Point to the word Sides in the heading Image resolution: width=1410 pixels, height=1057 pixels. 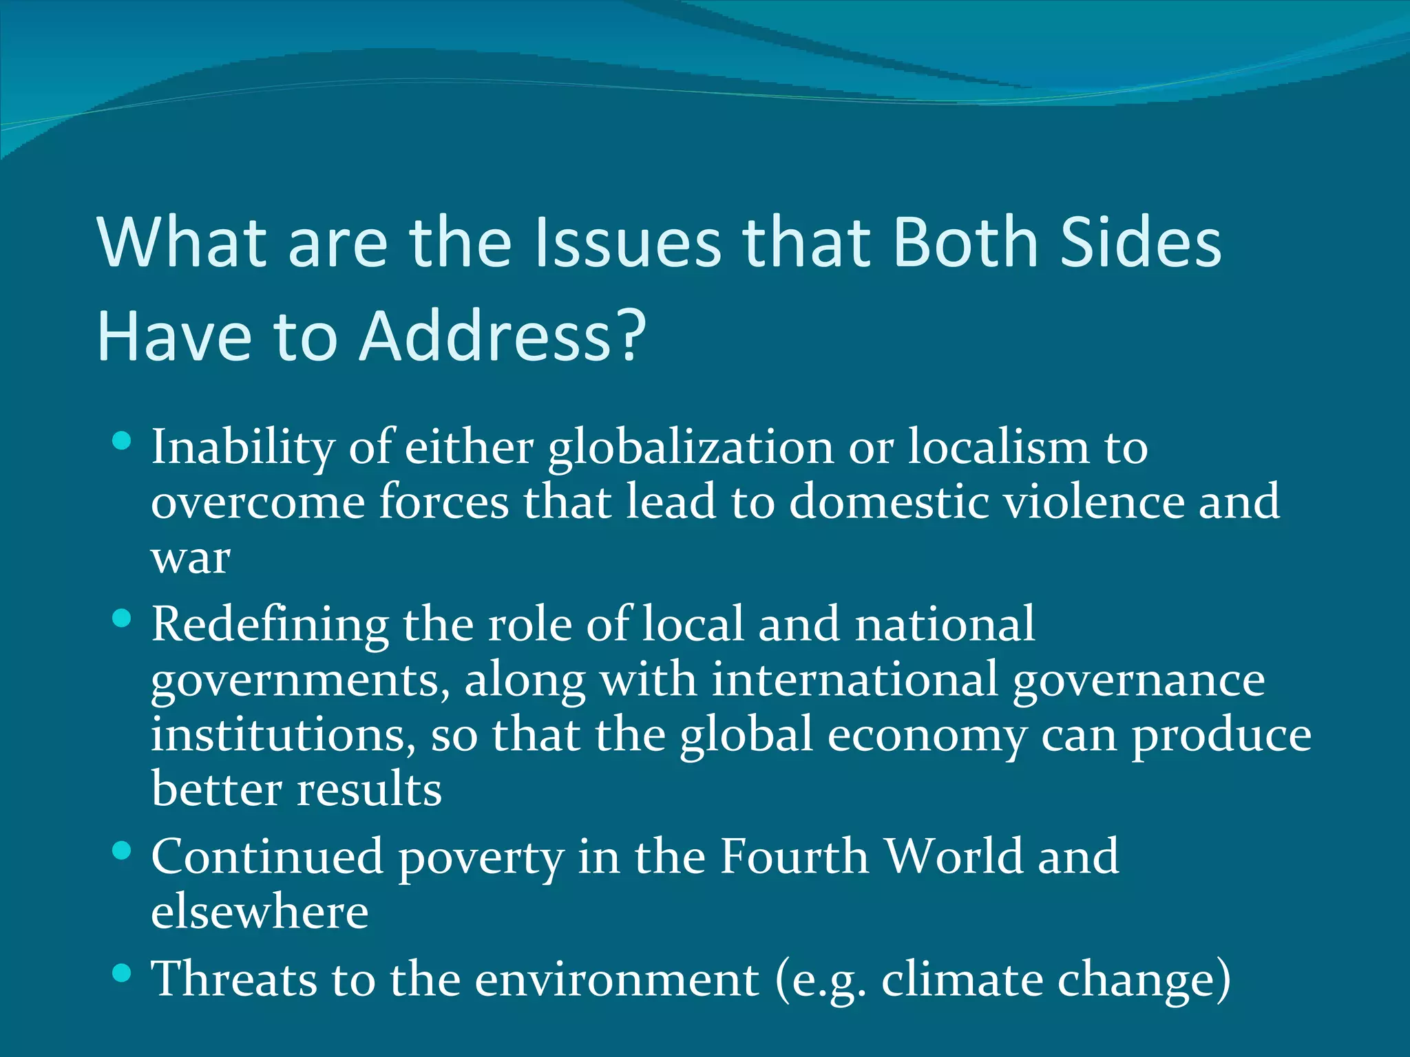point(1141,242)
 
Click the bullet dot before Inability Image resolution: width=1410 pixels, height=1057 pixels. point(121,441)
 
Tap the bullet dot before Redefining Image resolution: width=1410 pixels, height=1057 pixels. point(121,618)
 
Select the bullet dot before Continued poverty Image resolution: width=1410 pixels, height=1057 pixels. point(121,851)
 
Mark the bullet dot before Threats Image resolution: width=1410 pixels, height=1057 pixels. point(121,972)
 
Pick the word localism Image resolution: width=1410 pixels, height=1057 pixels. point(998,447)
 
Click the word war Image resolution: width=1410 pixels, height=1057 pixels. point(191,559)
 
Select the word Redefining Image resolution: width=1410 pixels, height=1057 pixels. point(270,625)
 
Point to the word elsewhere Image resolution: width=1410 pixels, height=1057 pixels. point(260,912)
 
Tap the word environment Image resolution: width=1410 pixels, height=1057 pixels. point(617,979)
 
